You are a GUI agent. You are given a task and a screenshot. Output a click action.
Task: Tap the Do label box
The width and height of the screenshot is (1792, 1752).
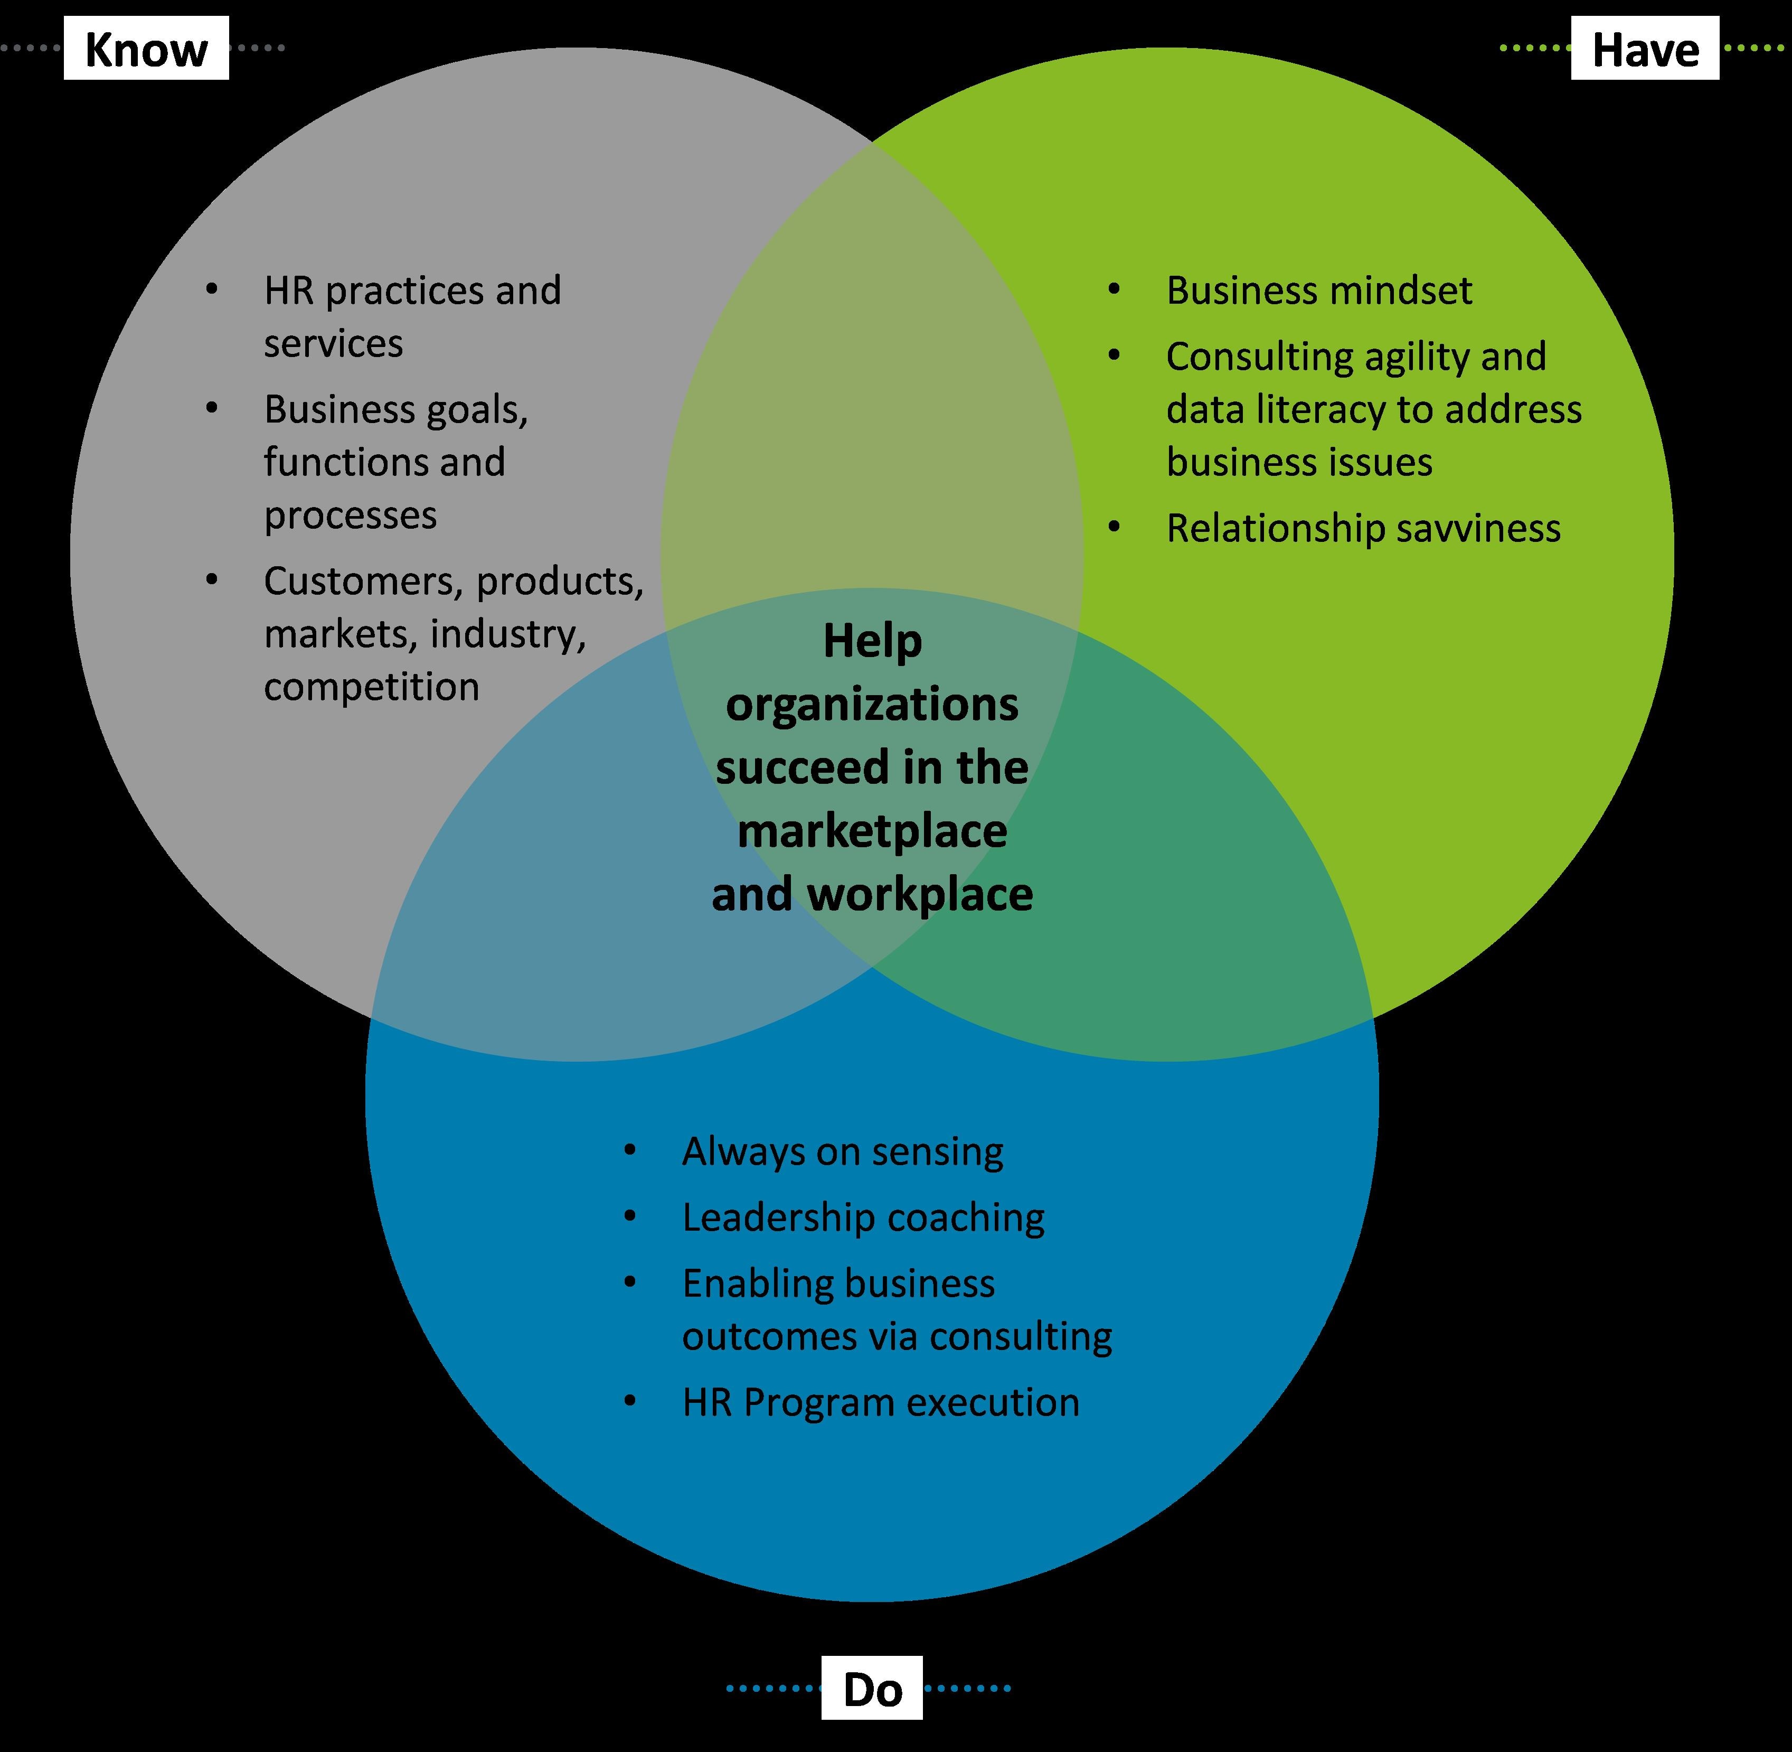point(872,1688)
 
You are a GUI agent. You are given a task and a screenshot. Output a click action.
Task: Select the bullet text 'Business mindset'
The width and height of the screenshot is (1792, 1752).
point(1318,291)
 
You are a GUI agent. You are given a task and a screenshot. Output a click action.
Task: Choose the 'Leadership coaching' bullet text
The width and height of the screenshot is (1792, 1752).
point(863,1217)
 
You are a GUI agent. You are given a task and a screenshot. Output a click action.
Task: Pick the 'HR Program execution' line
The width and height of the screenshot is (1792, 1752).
point(880,1402)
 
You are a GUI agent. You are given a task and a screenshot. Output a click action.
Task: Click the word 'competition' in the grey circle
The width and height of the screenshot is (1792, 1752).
point(372,687)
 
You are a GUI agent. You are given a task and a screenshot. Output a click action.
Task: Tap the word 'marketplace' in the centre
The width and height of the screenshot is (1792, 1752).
point(872,831)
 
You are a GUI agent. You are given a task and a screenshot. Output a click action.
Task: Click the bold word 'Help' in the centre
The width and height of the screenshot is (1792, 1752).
point(872,641)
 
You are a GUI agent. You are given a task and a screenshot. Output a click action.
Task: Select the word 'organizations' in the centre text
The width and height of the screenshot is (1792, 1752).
point(872,705)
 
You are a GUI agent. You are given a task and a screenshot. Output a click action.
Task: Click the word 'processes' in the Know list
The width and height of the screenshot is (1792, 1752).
point(351,516)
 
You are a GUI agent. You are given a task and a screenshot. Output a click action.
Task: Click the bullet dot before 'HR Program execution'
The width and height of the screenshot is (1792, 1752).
point(630,1401)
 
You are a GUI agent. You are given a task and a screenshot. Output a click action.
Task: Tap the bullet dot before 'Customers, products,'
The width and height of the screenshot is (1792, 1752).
point(212,580)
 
